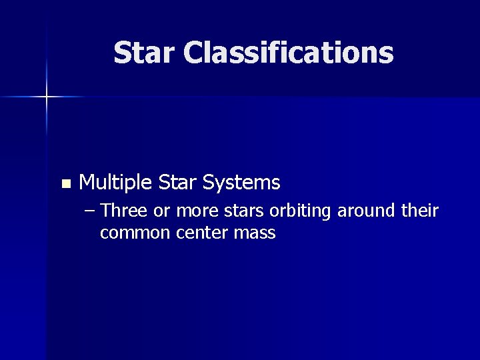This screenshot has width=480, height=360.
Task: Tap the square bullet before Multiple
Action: [x=64, y=183]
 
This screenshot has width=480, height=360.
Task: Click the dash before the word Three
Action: [x=91, y=212]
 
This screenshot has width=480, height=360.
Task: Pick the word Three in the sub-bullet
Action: [x=127, y=211]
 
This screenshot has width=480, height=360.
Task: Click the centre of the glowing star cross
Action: [x=47, y=97]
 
